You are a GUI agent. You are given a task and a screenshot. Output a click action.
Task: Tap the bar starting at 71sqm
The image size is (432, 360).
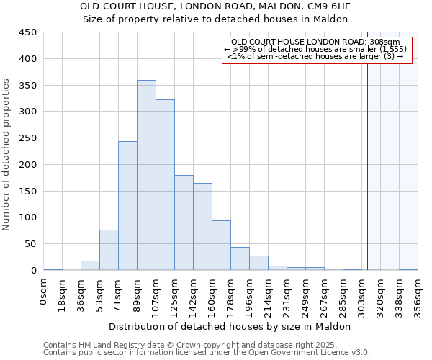pos(127,206)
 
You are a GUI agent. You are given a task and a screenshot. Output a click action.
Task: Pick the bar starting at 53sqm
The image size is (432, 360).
pos(109,250)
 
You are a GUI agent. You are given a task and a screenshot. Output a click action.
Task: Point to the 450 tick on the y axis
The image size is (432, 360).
pos(29,32)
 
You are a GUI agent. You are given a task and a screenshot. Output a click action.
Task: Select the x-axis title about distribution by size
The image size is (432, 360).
pos(230,326)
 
